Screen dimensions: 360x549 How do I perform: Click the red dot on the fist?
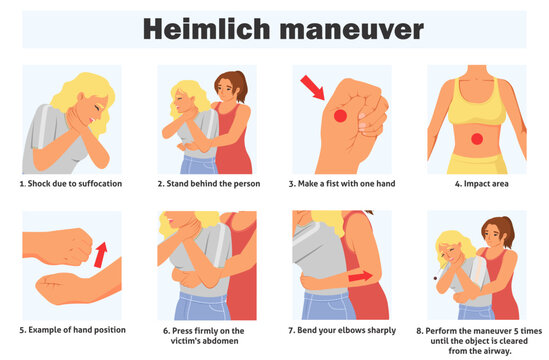click(339, 117)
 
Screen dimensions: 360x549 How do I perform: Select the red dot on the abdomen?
click(476, 137)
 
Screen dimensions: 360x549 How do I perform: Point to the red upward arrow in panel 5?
click(100, 254)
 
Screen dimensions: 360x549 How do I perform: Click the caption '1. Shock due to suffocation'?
click(71, 185)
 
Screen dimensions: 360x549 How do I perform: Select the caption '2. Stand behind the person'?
click(207, 185)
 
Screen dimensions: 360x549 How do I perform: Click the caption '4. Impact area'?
click(477, 185)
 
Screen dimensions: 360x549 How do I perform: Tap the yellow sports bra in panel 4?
click(476, 93)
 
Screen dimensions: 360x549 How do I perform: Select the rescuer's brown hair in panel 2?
click(239, 82)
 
